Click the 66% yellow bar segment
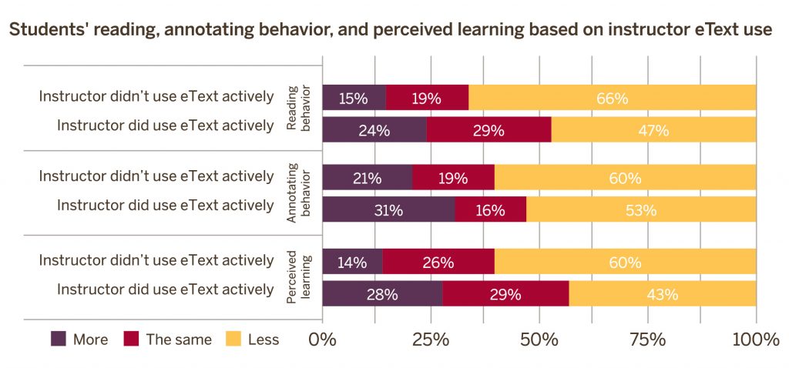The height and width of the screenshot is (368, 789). click(x=613, y=97)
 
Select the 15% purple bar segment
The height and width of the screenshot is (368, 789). click(x=354, y=97)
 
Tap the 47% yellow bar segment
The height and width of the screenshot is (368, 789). click(x=653, y=129)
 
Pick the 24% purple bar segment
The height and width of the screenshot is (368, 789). click(x=374, y=129)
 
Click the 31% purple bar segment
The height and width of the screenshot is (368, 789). click(x=388, y=209)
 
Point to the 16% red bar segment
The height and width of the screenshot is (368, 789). click(x=491, y=209)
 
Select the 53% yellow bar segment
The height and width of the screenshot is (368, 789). click(x=641, y=209)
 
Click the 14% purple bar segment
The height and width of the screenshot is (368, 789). click(x=352, y=262)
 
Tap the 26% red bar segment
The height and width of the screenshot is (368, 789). click(x=438, y=262)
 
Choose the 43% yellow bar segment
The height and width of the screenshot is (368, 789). click(x=663, y=293)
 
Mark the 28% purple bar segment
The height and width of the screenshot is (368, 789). click(x=382, y=293)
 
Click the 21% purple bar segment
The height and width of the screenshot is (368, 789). click(x=368, y=177)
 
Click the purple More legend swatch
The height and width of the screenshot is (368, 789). click(x=59, y=340)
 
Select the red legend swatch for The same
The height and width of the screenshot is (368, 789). click(x=131, y=340)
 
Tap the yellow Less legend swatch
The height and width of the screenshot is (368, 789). click(x=233, y=340)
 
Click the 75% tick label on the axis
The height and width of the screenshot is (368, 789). click(x=648, y=340)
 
